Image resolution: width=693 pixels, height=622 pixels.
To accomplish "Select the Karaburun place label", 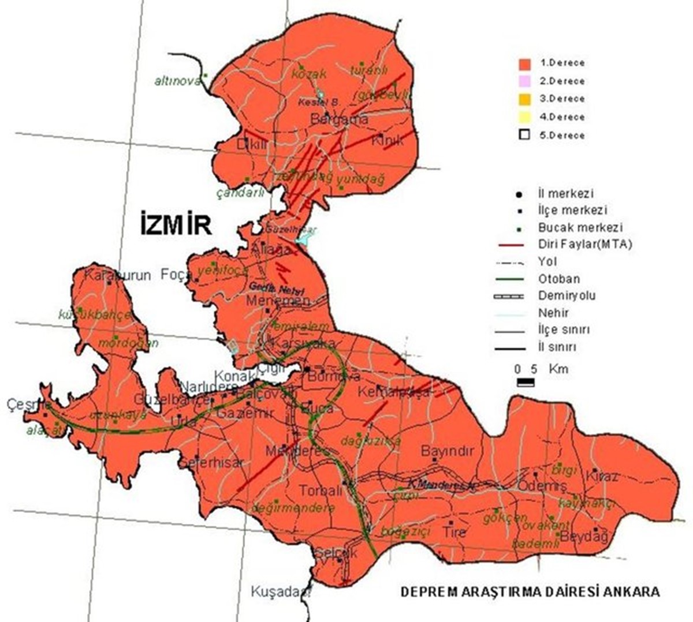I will (117, 275).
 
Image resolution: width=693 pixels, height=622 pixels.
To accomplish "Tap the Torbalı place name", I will (321, 490).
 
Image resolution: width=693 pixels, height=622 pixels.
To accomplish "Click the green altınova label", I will (177, 81).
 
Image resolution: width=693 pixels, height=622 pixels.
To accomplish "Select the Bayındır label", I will (447, 451).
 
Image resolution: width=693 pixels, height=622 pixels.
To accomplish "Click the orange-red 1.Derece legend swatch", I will (524, 63).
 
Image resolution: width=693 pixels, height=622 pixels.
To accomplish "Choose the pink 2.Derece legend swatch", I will (524, 81).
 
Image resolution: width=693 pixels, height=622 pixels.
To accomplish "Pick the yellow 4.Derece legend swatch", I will (524, 117).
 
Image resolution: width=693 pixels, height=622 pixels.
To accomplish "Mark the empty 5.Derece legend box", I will (524, 136).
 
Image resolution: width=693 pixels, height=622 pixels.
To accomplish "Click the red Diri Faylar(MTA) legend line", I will (511, 245).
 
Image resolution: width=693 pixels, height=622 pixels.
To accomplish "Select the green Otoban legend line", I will (511, 279).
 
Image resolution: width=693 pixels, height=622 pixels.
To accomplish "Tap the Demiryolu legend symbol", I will (511, 296).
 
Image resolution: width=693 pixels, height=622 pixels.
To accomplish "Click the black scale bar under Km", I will (526, 382).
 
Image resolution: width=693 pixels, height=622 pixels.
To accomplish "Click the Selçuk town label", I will (336, 552).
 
